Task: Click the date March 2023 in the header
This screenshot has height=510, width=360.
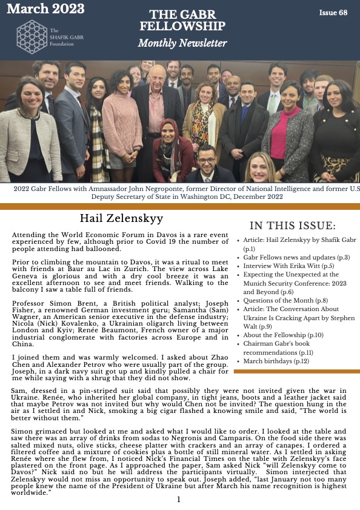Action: point(45,9)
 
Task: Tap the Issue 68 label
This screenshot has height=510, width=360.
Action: point(333,13)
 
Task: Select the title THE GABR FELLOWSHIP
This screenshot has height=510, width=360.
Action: point(182,21)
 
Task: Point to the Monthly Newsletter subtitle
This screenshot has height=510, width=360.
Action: point(182,43)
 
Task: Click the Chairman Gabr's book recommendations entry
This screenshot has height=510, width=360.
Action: point(285,347)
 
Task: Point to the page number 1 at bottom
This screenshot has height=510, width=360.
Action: point(179,500)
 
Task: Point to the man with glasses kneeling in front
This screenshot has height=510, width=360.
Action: point(207,163)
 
